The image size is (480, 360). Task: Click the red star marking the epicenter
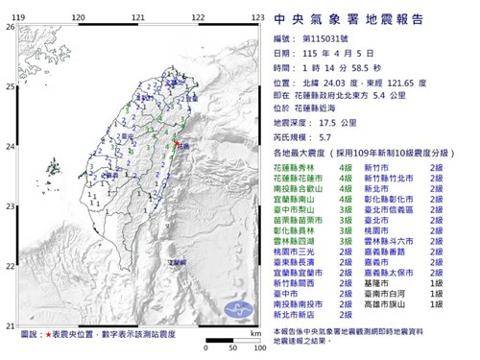click(x=176, y=145)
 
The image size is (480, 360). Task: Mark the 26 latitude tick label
click(x=10, y=27)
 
